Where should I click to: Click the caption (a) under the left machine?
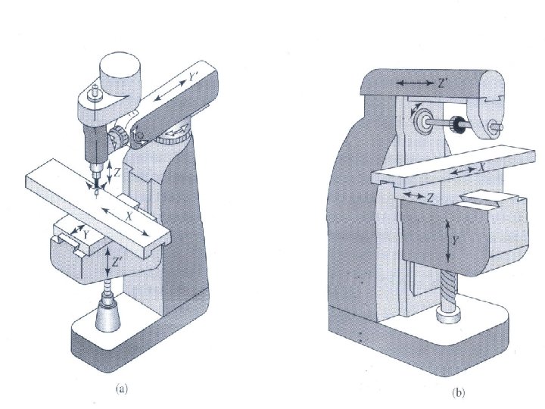point(121,389)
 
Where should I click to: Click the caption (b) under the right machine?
point(459,394)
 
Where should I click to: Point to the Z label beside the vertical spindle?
point(117,172)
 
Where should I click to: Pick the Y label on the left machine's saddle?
point(87,234)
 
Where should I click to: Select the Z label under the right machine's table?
point(429,198)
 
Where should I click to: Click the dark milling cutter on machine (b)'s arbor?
point(457,123)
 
